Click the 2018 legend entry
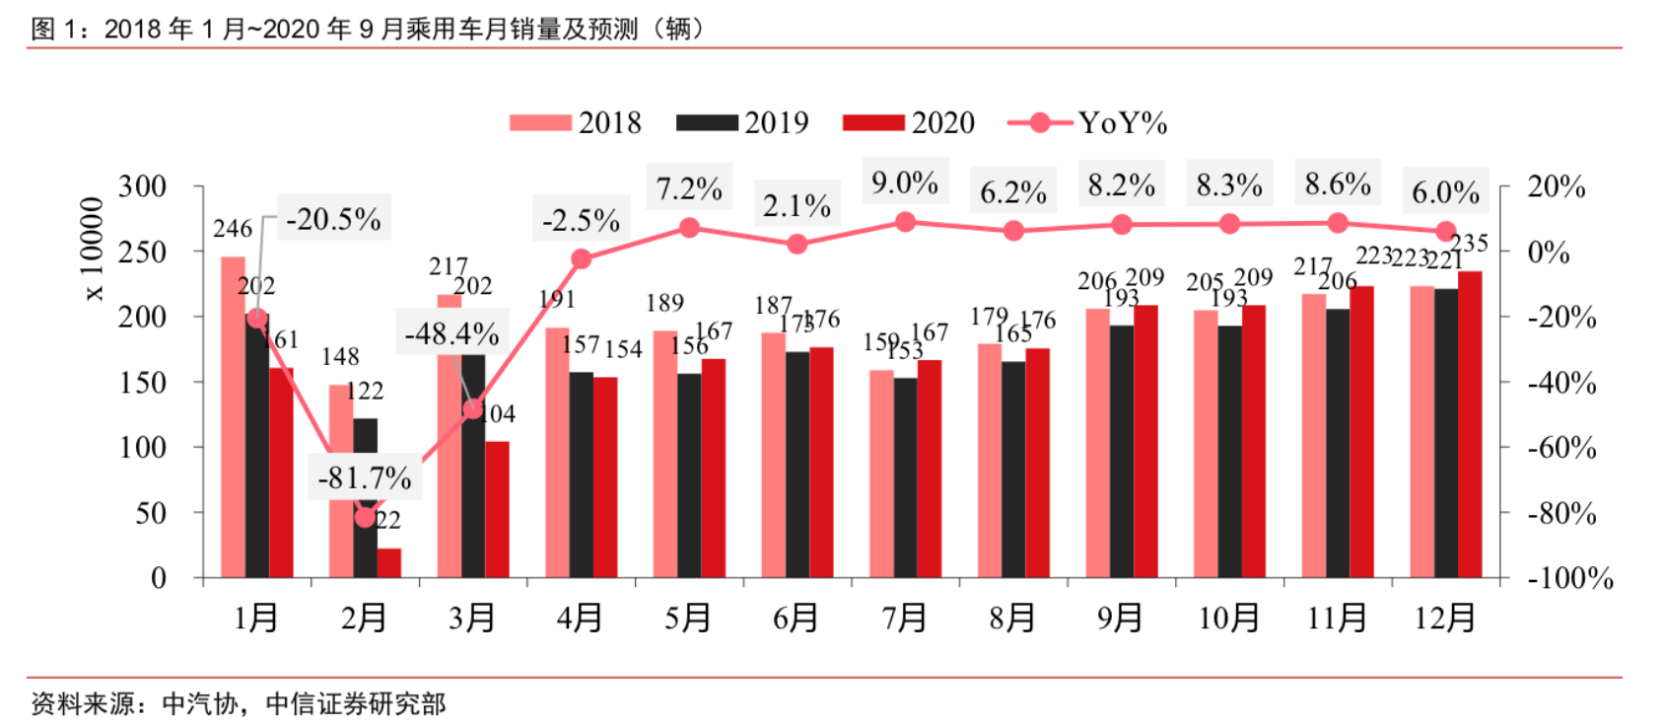tap(575, 123)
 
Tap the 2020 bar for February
tap(389, 562)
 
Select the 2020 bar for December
tap(1469, 424)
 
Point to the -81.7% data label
tap(364, 478)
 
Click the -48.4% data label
tap(451, 334)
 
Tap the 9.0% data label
tap(904, 182)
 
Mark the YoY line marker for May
tap(689, 228)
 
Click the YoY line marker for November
tap(1338, 224)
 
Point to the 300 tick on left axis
tap(143, 186)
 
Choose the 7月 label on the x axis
tap(904, 619)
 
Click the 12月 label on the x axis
tap(1445, 619)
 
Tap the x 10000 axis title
tap(93, 249)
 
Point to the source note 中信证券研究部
tap(355, 703)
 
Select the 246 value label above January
tap(233, 229)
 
